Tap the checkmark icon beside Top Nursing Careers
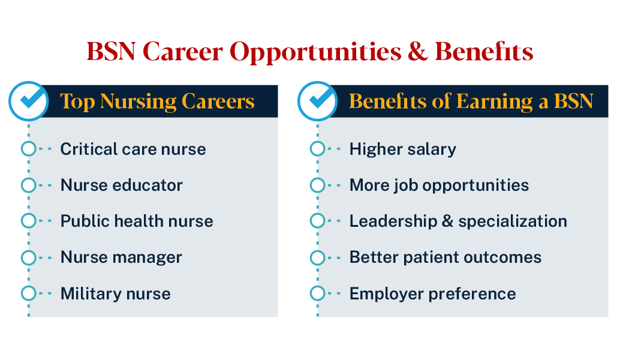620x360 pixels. pyautogui.click(x=28, y=101)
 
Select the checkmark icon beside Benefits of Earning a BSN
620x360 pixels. pyautogui.click(x=317, y=101)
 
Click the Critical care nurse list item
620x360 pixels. pyautogui.click(x=133, y=149)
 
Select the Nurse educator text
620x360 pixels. pyautogui.click(x=122, y=185)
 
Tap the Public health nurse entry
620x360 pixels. pyautogui.click(x=137, y=221)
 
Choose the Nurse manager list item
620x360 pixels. pyautogui.click(x=121, y=257)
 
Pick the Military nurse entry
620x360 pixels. pyautogui.click(x=116, y=293)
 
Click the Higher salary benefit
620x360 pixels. pyautogui.click(x=403, y=149)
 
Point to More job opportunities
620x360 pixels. pyautogui.click(x=439, y=185)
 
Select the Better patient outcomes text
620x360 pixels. pyautogui.click(x=446, y=257)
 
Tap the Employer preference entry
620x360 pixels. pyautogui.click(x=432, y=293)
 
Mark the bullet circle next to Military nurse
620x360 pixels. pyautogui.click(x=28, y=293)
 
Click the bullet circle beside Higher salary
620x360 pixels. pyautogui.click(x=317, y=149)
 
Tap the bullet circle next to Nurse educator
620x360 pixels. pyautogui.click(x=28, y=185)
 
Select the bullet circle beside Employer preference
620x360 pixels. pyautogui.click(x=317, y=293)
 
